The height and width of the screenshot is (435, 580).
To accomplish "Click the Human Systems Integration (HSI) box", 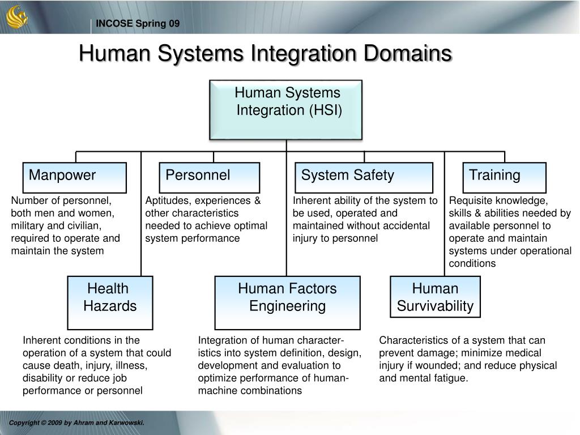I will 286,109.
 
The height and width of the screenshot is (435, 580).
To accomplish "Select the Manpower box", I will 75,177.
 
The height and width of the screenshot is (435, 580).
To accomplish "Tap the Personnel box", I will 210,177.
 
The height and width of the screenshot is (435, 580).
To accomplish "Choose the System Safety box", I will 364,177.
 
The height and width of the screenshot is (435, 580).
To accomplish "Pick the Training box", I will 505,177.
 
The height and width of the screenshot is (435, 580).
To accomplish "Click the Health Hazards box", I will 110,302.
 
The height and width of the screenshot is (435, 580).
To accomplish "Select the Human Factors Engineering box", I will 287,302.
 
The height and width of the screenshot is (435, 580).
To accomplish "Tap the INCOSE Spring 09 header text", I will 138,23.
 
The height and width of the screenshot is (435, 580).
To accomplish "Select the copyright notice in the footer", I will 76,423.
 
